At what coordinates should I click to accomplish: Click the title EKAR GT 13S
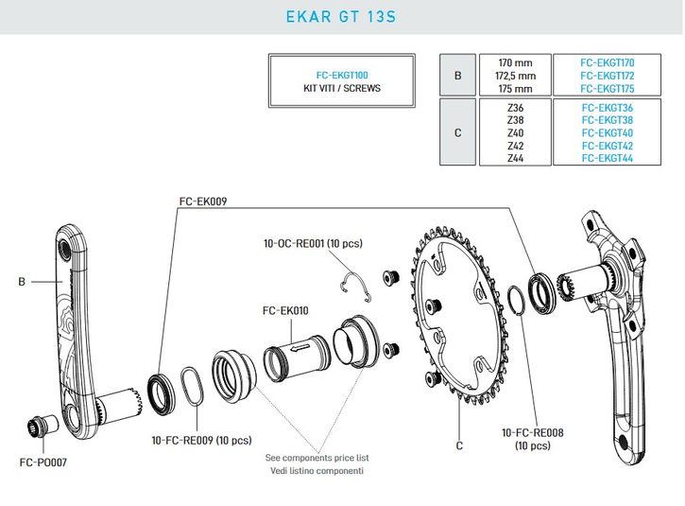[342, 16]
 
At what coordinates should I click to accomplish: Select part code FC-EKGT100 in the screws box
[342, 73]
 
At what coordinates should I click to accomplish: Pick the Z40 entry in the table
[515, 133]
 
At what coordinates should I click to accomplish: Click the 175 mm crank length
[515, 89]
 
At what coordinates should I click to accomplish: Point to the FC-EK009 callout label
[203, 201]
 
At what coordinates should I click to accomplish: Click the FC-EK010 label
[285, 309]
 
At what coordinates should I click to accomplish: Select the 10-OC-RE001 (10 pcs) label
[313, 243]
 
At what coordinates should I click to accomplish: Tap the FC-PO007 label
[42, 463]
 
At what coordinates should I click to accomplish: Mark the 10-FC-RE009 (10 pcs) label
[202, 440]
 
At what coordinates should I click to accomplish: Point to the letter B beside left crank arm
[21, 281]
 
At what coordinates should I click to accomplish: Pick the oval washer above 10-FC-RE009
[190, 388]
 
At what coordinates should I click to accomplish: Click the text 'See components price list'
[315, 458]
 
